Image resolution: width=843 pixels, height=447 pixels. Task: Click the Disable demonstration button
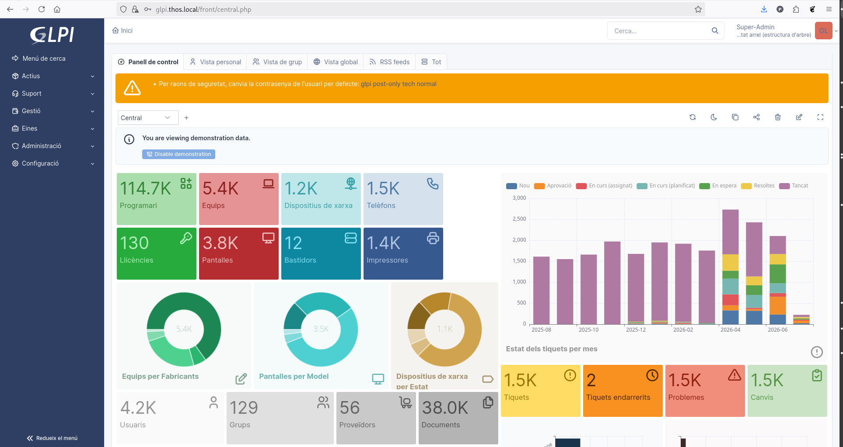pos(178,154)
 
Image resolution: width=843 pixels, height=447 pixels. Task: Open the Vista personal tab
pos(215,62)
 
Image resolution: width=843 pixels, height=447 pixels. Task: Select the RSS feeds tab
pos(389,62)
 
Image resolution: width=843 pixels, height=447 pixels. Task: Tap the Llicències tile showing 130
pos(157,253)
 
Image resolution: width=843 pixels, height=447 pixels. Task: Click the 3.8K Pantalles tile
pos(239,253)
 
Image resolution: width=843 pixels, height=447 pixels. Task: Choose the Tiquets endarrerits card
pos(623,391)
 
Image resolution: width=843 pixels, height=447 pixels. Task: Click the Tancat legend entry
pos(794,186)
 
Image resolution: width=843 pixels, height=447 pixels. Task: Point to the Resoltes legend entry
pos(758,186)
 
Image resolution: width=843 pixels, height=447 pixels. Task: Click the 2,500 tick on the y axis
pos(519,219)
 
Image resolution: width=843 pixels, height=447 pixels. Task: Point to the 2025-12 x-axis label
pos(636,330)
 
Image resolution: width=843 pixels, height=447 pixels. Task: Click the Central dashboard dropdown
pos(148,118)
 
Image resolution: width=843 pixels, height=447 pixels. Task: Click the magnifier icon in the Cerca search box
pos(715,31)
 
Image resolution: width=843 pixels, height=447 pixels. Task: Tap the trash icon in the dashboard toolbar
pos(778,117)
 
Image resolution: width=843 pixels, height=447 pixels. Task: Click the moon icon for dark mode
pos(714,117)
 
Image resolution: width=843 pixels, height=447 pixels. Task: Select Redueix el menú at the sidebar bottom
pos(52,438)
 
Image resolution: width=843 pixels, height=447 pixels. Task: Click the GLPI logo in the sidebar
pos(52,35)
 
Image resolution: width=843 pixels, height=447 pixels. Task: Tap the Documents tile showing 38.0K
pos(458,418)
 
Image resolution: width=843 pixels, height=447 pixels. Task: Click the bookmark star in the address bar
pos(698,9)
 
